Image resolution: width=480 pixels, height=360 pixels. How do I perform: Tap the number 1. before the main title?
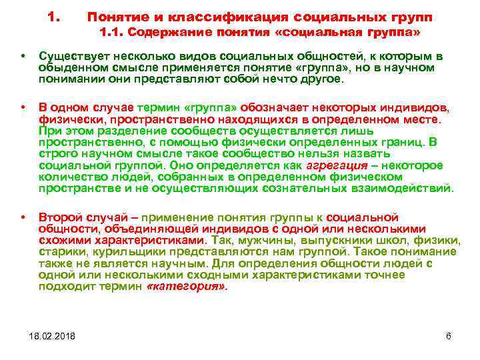(56, 15)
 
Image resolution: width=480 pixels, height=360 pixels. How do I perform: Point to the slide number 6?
(448, 335)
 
